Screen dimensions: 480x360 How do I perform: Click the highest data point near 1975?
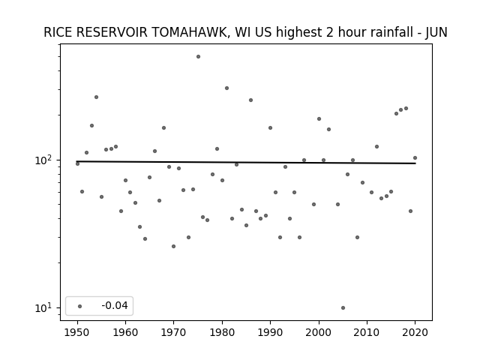(198, 57)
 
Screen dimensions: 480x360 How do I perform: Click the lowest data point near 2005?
(343, 308)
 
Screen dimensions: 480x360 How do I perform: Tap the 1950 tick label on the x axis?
(77, 332)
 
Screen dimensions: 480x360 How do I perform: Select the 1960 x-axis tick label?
(125, 332)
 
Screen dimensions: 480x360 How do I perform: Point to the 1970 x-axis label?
(173, 332)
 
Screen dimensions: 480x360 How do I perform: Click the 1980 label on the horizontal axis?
(222, 332)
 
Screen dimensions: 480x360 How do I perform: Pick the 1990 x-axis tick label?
(270, 332)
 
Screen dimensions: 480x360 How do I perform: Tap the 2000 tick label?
(319, 332)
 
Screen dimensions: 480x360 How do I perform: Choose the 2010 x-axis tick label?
(367, 332)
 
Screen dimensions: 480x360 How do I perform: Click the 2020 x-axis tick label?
(415, 332)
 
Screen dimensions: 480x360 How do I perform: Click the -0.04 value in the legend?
(115, 305)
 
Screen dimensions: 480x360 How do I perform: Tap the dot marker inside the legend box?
(80, 306)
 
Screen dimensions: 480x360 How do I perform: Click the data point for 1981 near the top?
(226, 88)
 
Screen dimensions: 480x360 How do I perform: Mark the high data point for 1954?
(96, 97)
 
